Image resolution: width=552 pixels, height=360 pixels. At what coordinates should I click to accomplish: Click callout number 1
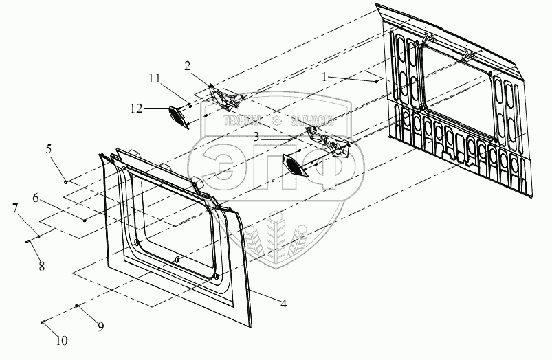(324, 78)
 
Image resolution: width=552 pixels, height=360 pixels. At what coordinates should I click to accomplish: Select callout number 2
(186, 66)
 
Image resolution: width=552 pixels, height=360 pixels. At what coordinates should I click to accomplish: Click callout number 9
(100, 326)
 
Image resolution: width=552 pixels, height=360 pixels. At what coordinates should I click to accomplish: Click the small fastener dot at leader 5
(66, 182)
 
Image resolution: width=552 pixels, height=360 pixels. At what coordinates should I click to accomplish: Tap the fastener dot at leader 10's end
(43, 322)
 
